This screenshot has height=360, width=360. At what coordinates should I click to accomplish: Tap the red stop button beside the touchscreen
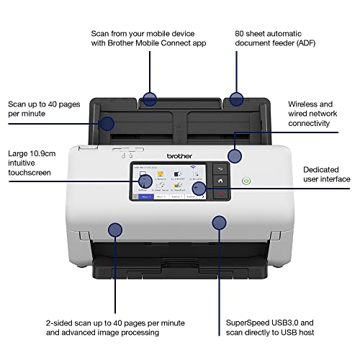[221, 194]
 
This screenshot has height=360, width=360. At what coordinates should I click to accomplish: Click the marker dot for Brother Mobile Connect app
[150, 99]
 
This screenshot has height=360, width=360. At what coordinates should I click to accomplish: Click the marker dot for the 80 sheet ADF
[237, 99]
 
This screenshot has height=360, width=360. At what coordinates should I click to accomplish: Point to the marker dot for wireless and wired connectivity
[235, 156]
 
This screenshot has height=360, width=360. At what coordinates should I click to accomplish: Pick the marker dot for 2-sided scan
[114, 230]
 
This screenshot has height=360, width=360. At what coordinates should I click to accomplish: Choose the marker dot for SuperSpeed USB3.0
[217, 222]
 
